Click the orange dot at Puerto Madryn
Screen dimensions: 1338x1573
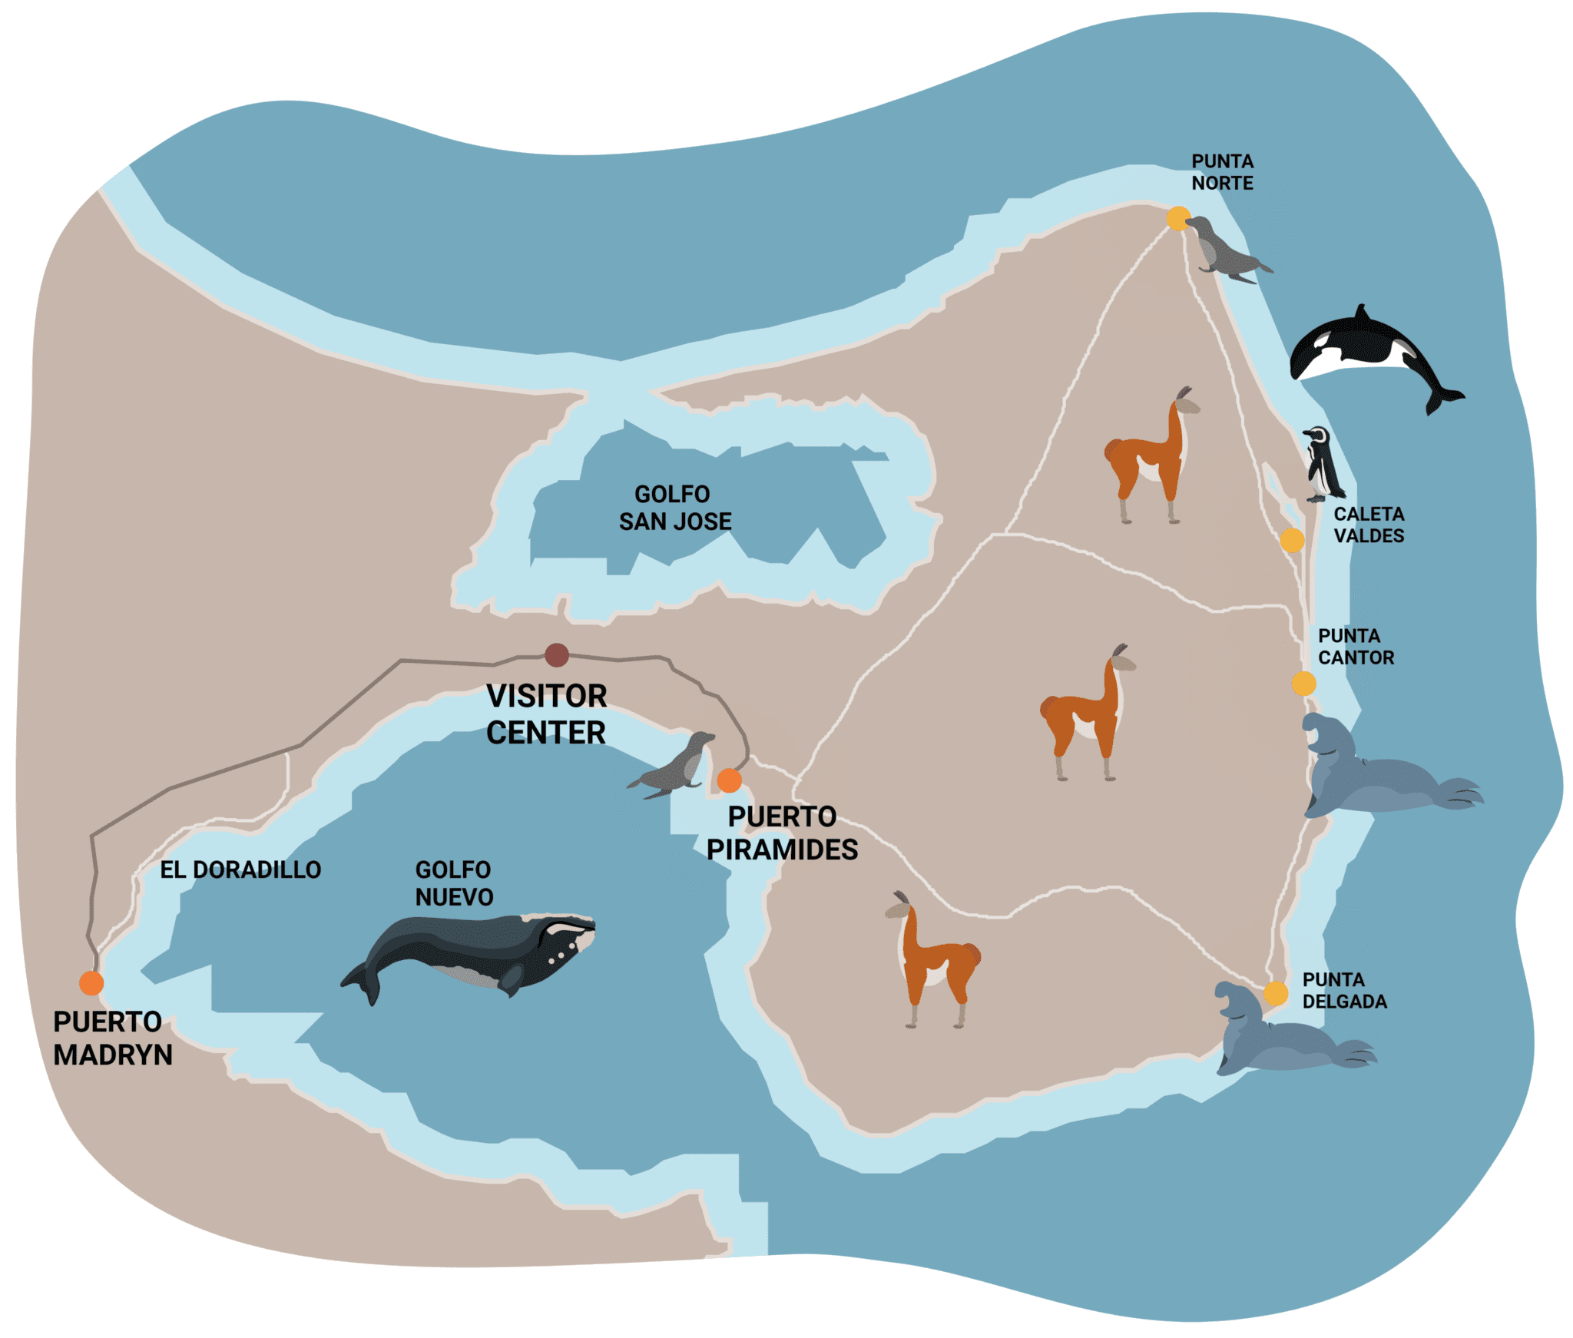[91, 982]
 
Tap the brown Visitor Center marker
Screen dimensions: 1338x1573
[557, 655]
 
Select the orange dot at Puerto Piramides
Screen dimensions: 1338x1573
[729, 780]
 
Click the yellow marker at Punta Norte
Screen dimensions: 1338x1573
[1178, 219]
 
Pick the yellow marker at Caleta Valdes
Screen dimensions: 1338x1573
[1292, 540]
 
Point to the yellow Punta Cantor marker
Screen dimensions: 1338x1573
[1303, 683]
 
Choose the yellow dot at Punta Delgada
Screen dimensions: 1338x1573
[1276, 993]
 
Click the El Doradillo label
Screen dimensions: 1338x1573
[240, 869]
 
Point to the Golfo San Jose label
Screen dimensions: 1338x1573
[674, 508]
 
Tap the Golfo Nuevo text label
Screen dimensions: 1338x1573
[454, 883]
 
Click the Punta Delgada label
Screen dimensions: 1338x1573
[1344, 991]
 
